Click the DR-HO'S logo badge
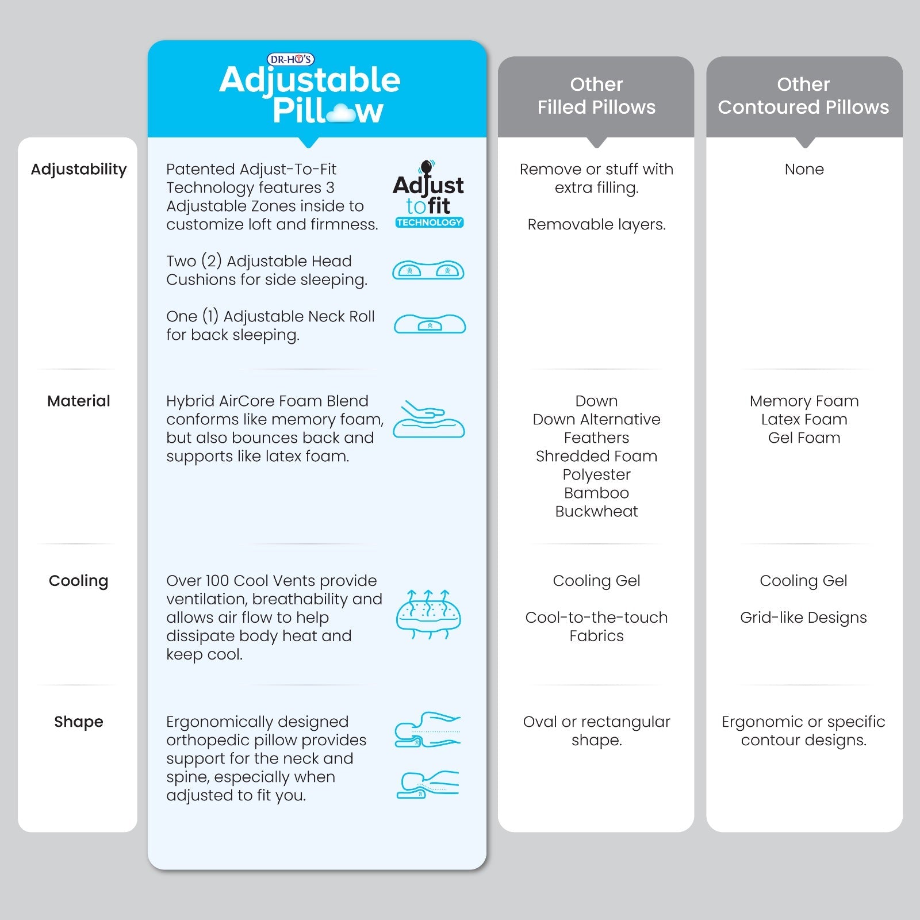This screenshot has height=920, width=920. click(x=291, y=59)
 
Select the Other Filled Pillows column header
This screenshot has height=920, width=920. click(x=596, y=96)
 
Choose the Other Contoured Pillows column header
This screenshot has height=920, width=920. click(x=803, y=96)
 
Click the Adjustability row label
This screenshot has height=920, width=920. click(x=79, y=170)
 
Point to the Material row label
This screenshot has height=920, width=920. click(x=79, y=401)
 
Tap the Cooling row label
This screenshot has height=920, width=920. click(x=79, y=581)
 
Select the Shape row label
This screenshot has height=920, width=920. click(x=79, y=722)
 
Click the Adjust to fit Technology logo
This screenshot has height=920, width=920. click(x=428, y=195)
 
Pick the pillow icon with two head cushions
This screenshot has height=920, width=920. click(x=428, y=270)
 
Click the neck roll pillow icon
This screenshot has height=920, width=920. click(x=430, y=324)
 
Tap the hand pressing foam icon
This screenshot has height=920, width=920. click(x=428, y=419)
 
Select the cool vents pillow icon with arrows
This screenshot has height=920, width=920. click(x=428, y=615)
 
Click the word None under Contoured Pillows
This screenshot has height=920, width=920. click(x=804, y=170)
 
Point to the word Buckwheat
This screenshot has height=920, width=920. click(x=596, y=512)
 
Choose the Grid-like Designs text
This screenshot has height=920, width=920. click(x=803, y=618)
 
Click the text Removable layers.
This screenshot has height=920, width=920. click(x=596, y=225)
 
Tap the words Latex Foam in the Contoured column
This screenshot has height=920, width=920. click(x=804, y=420)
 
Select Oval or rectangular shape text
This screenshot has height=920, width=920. click(x=596, y=731)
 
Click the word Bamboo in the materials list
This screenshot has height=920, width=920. click(x=596, y=493)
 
